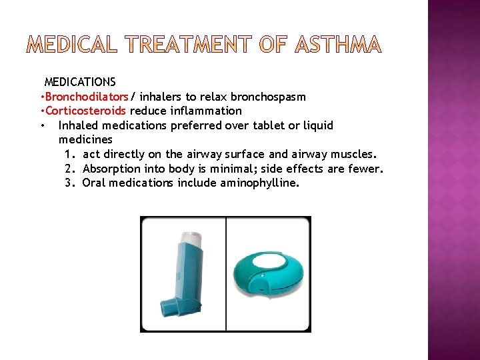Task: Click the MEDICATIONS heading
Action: pyautogui.click(x=80, y=82)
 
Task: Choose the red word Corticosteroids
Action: pyautogui.click(x=85, y=111)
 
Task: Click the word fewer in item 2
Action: pyautogui.click(x=366, y=169)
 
